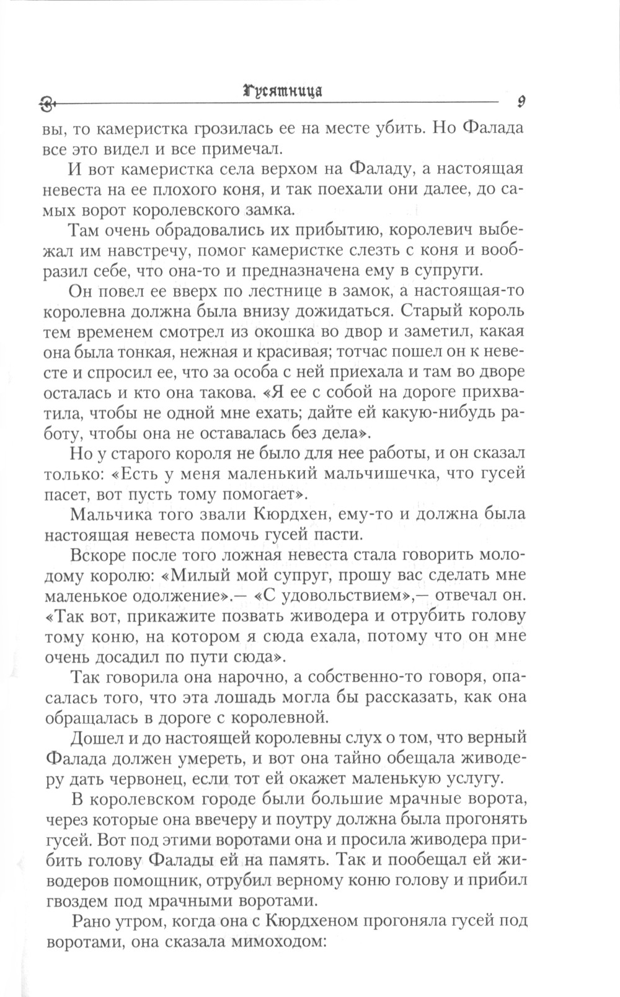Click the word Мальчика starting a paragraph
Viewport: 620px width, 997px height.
[x=109, y=514]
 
